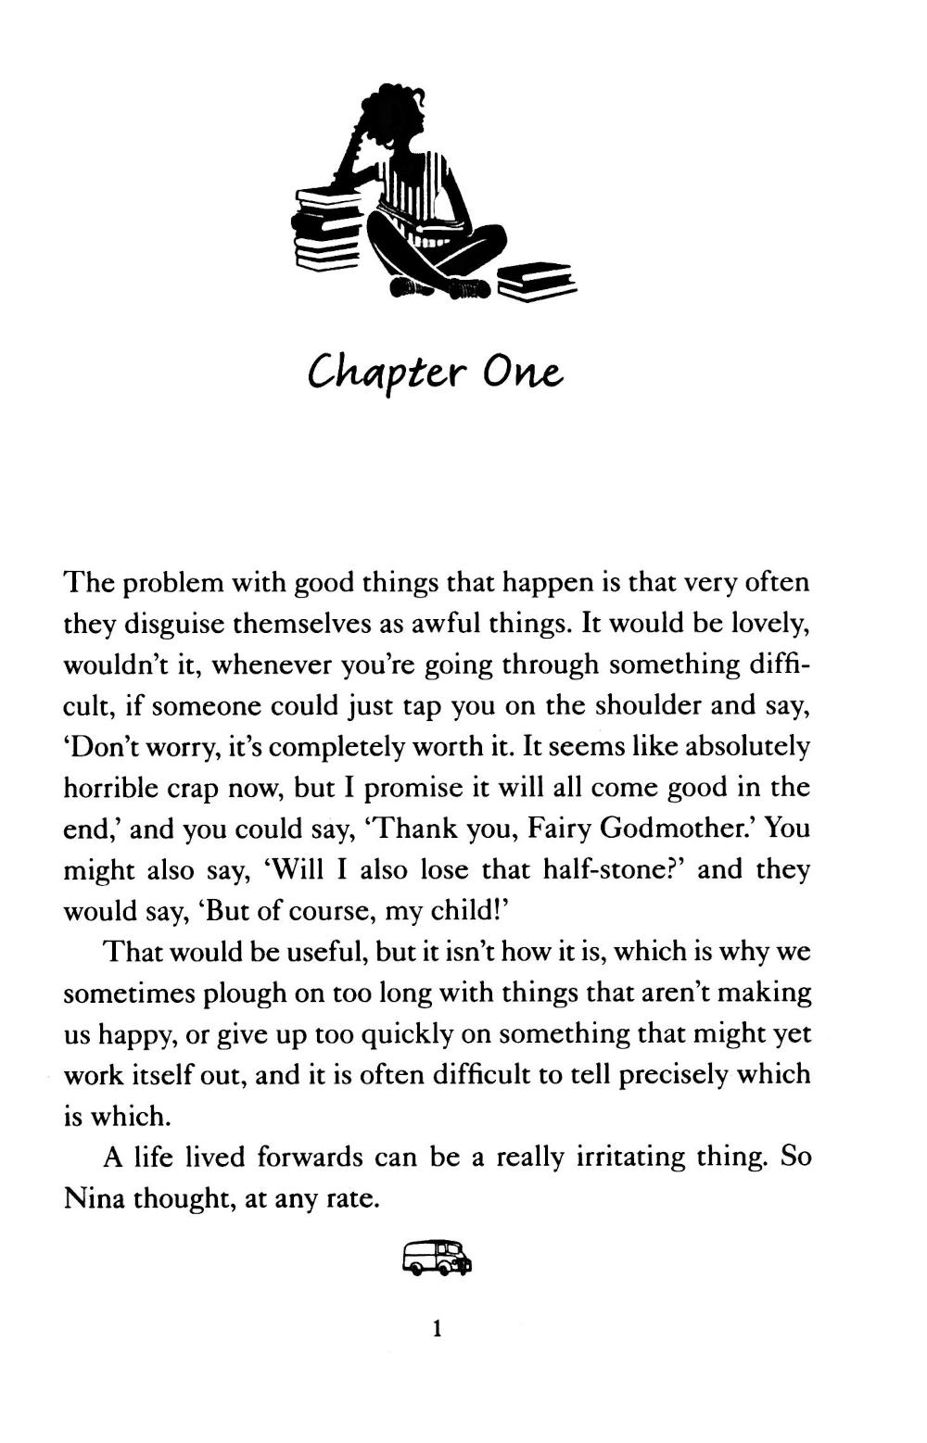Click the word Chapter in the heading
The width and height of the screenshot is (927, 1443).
pos(385,373)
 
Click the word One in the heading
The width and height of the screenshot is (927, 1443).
pos(522,373)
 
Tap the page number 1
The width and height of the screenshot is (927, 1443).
pos(437,1329)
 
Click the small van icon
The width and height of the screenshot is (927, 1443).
pos(438,1258)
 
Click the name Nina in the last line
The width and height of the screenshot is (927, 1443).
pos(95,1198)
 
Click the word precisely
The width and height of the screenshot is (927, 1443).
pos(677,1075)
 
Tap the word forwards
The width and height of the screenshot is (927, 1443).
pos(309,1157)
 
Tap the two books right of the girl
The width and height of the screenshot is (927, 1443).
pos(535,280)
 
